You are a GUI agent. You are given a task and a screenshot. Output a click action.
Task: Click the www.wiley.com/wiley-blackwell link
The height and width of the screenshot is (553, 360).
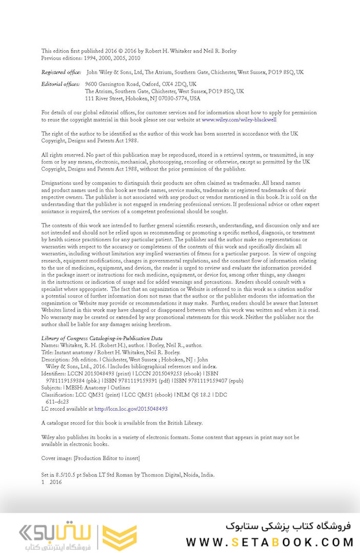pos(239,119)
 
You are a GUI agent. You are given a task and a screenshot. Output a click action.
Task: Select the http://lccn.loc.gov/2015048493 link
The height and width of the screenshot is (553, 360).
pos(131,409)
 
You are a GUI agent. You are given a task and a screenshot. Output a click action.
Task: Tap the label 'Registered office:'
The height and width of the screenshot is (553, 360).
pos(61,72)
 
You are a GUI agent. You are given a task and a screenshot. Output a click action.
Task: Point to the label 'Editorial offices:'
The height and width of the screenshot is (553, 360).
pos(60,84)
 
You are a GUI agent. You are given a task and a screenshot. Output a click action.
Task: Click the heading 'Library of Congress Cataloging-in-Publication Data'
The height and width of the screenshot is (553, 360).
pos(102,338)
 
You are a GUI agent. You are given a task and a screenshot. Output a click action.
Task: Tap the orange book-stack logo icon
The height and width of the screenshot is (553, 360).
pos(119,537)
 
